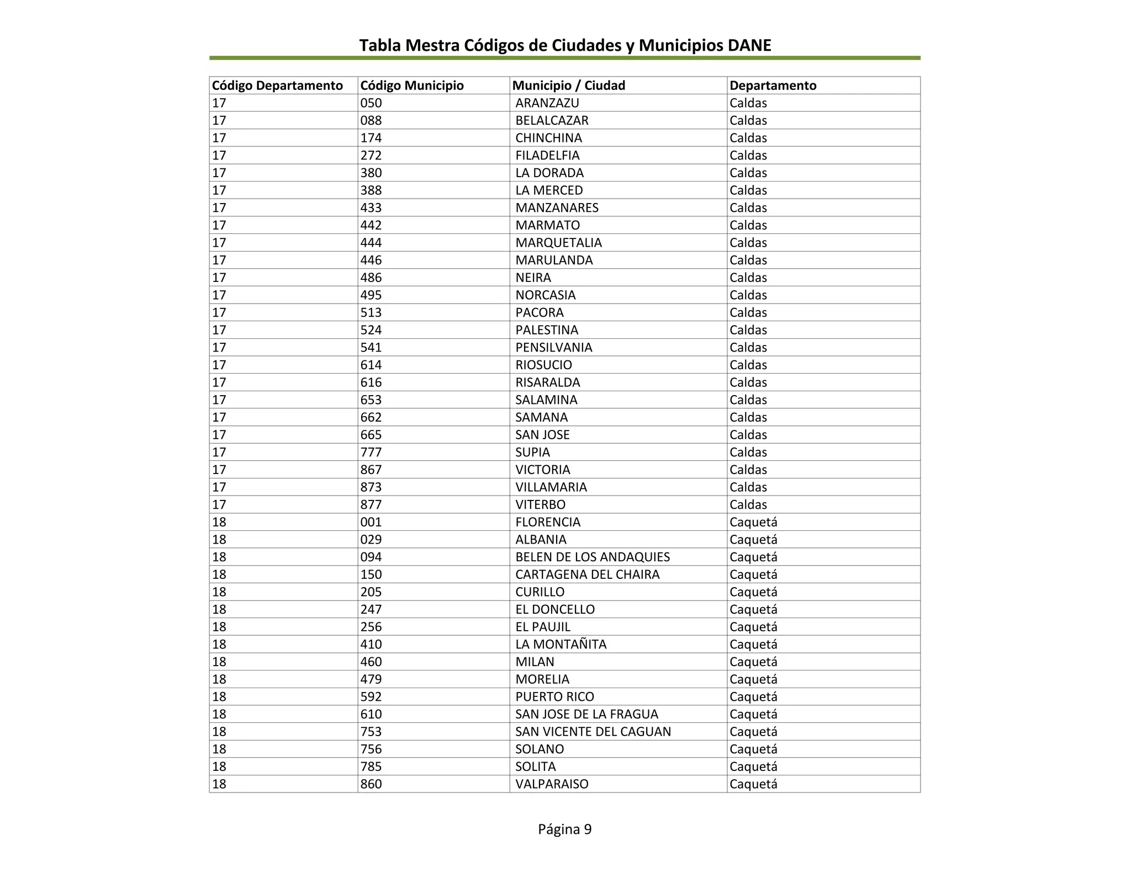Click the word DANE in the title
[x=749, y=45]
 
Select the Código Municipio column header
[x=412, y=86]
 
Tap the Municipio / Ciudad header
[x=569, y=86]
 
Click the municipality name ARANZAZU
[x=547, y=103]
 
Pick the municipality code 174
[x=371, y=138]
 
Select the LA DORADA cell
[x=549, y=173]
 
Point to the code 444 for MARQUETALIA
[x=371, y=243]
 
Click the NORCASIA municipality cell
[x=545, y=295]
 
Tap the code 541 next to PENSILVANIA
[x=371, y=348]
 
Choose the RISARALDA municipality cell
[x=547, y=382]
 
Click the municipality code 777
[x=371, y=453]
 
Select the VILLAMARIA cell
[x=551, y=487]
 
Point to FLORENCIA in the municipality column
[x=547, y=522]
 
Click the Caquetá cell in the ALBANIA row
[x=753, y=540]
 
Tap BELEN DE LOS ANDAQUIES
[x=592, y=557]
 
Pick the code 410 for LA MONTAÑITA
[x=371, y=645]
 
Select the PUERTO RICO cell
[x=554, y=697]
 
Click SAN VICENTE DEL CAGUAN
[x=593, y=732]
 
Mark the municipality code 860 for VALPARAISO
[x=371, y=784]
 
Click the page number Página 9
[x=564, y=829]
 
